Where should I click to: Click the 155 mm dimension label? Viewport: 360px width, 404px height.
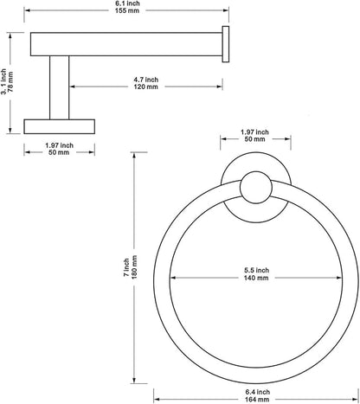point(126,11)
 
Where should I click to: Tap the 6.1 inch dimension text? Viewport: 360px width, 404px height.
point(127,3)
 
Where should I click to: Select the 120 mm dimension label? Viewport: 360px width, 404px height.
point(146,87)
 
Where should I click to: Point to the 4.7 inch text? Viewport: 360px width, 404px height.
point(146,80)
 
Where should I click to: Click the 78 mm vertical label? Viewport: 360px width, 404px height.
point(10,82)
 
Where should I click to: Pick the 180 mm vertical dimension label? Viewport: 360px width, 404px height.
point(134,267)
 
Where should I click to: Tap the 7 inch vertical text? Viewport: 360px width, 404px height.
point(126,267)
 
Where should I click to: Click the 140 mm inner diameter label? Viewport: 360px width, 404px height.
point(256,278)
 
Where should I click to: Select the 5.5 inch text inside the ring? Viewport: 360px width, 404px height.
point(256,271)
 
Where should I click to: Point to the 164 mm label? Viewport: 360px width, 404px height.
point(257,400)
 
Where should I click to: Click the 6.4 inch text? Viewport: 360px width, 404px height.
point(258,392)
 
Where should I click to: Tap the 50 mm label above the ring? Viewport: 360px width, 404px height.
point(255,139)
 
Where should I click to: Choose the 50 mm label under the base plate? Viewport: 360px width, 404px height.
point(59,152)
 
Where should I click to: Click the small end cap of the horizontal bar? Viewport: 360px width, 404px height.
point(226,44)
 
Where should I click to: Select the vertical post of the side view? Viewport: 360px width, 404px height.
point(60,87)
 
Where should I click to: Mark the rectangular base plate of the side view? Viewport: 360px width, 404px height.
point(60,126)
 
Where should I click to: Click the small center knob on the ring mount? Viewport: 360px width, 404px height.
point(256,188)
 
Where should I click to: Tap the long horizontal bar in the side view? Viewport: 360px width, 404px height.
point(126,44)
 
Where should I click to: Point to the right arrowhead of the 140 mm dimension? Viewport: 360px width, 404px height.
point(339,278)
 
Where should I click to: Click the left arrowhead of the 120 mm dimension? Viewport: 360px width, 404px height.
point(73,87)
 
